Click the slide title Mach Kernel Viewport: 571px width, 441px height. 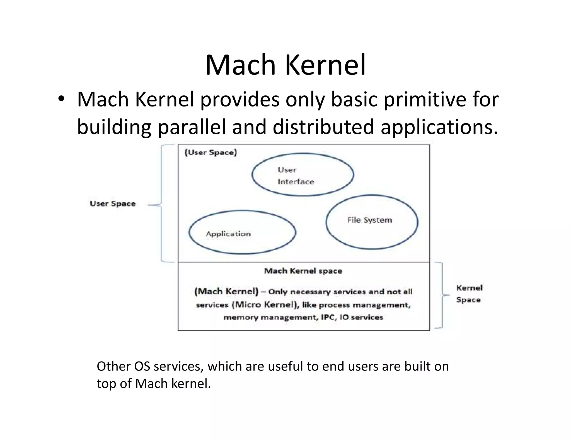(x=285, y=65)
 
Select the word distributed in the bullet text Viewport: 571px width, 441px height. (x=323, y=127)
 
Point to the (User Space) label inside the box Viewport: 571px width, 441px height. (x=211, y=152)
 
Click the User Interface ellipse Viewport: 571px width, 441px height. (x=303, y=175)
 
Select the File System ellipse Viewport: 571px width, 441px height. (x=372, y=222)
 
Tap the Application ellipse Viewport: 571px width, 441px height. (x=242, y=232)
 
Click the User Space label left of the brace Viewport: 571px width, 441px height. (x=113, y=203)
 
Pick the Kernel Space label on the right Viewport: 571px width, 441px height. (x=469, y=294)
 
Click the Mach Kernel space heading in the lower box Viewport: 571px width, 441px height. (x=303, y=271)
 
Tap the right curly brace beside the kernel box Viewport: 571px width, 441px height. (x=441, y=295)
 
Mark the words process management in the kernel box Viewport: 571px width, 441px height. (x=364, y=305)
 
